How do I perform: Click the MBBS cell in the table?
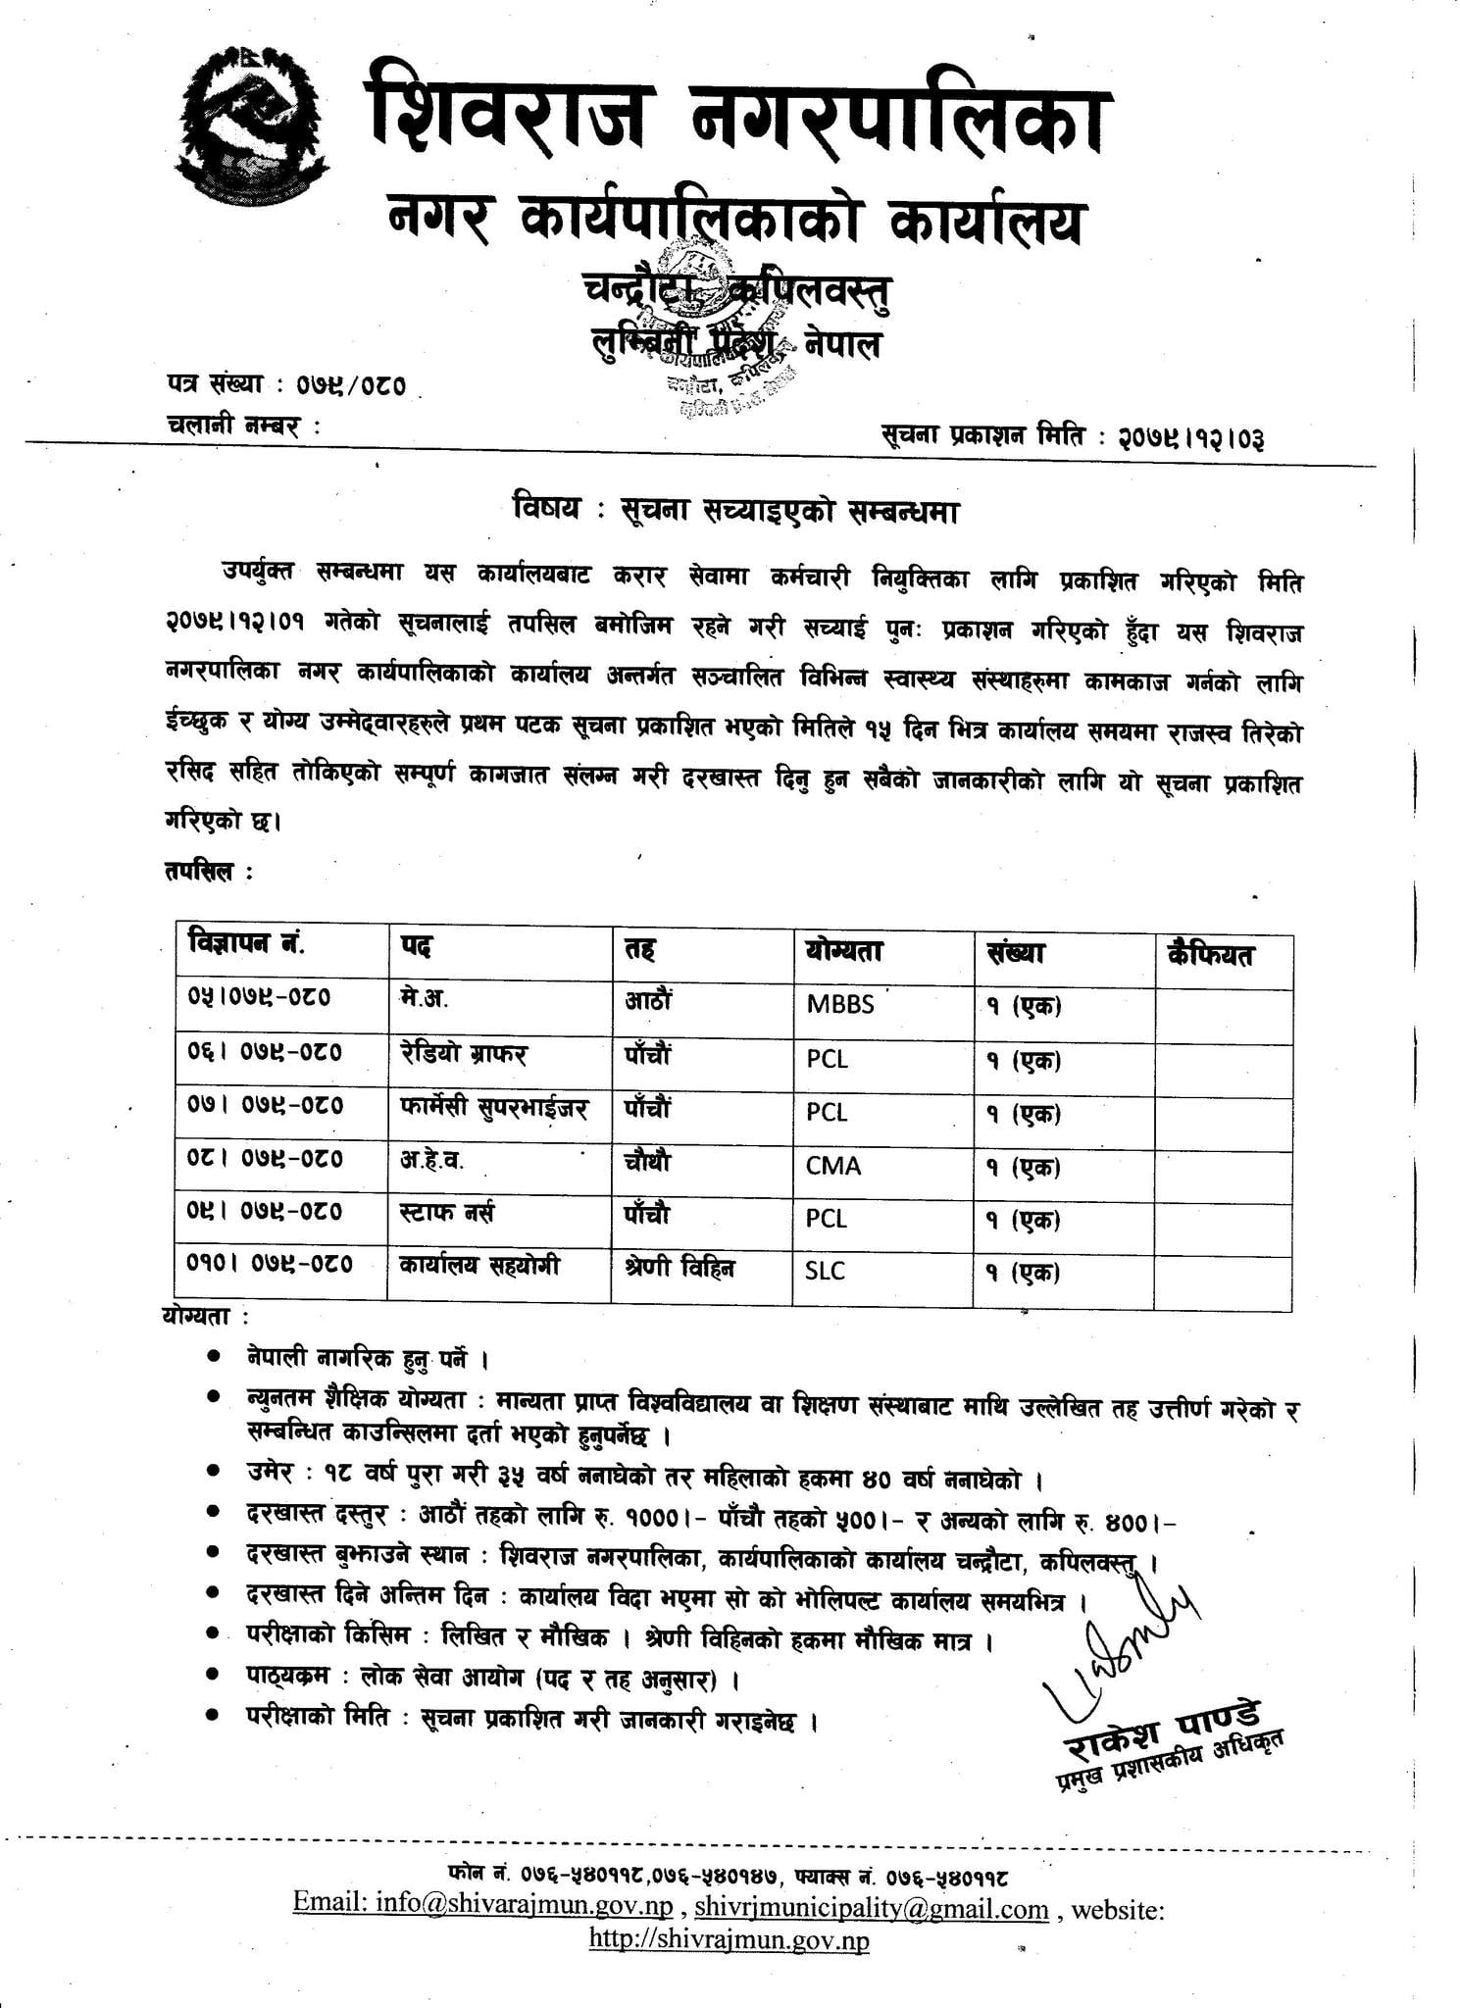pyautogui.click(x=840, y=1005)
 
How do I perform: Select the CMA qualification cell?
pyautogui.click(x=833, y=1166)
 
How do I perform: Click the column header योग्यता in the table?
pyautogui.click(x=844, y=951)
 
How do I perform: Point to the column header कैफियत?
pyautogui.click(x=1210, y=953)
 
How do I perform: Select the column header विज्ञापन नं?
pyautogui.click(x=246, y=945)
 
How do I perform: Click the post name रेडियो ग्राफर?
pyautogui.click(x=463, y=1054)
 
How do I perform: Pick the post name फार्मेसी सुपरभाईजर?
pyautogui.click(x=493, y=1109)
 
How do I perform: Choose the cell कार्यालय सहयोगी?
pyautogui.click(x=479, y=1266)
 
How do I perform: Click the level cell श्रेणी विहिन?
pyautogui.click(x=680, y=1268)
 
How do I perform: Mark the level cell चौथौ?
pyautogui.click(x=648, y=1162)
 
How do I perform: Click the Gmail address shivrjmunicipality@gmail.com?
pyautogui.click(x=872, y=1909)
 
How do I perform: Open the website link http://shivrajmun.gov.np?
pyautogui.click(x=729, y=1939)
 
